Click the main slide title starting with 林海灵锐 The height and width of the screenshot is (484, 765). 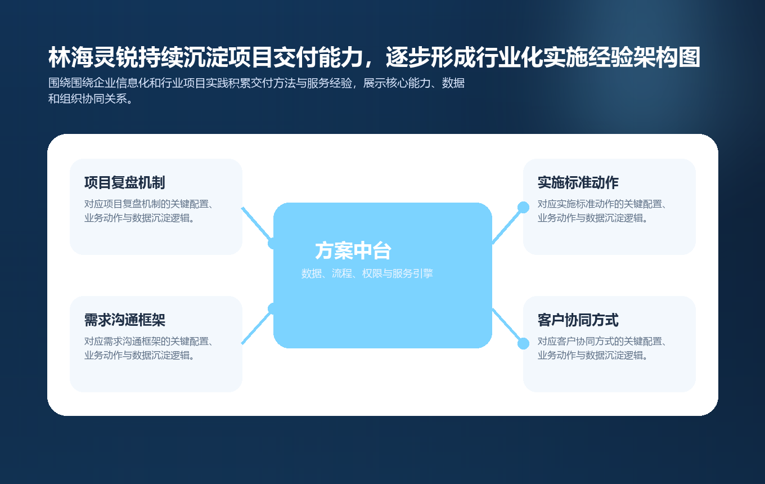(374, 57)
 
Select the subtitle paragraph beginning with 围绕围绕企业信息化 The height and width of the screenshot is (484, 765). (256, 91)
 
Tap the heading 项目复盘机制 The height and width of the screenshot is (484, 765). (124, 183)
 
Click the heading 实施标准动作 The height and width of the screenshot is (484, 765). (578, 183)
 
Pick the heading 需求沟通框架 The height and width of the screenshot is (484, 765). (124, 320)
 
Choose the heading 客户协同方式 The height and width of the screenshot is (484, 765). (578, 320)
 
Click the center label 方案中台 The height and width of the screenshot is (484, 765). (353, 251)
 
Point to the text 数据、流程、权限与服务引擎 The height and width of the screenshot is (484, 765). (367, 274)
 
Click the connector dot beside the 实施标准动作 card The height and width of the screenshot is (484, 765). (523, 207)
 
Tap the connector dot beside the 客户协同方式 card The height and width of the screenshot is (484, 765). (523, 343)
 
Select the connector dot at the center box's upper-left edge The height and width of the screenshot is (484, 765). (273, 243)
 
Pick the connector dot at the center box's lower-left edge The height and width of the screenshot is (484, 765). (273, 308)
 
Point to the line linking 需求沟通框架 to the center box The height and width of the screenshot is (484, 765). (256, 327)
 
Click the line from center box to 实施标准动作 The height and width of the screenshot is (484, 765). (507, 226)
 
